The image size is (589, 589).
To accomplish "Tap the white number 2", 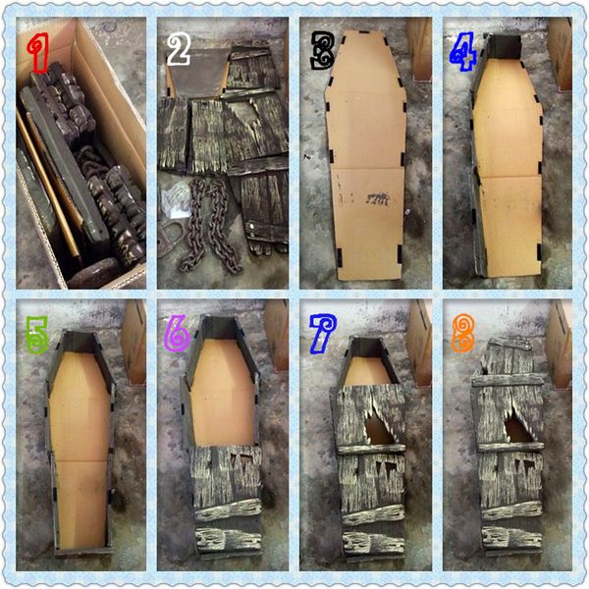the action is [179, 49].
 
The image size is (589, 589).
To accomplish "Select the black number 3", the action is [323, 50].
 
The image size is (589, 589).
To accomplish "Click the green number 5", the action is [37, 335].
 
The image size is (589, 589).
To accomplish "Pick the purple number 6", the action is [177, 334].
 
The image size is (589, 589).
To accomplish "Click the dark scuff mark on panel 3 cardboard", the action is [378, 198].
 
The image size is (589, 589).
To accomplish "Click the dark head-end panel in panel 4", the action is [505, 46].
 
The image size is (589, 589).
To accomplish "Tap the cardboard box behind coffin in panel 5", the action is [134, 341].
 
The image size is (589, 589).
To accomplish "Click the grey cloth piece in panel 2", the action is [197, 75].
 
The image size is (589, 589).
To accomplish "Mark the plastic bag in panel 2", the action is [176, 200].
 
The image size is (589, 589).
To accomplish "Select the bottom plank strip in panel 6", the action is [229, 540].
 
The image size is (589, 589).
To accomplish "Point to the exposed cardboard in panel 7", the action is [368, 371].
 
